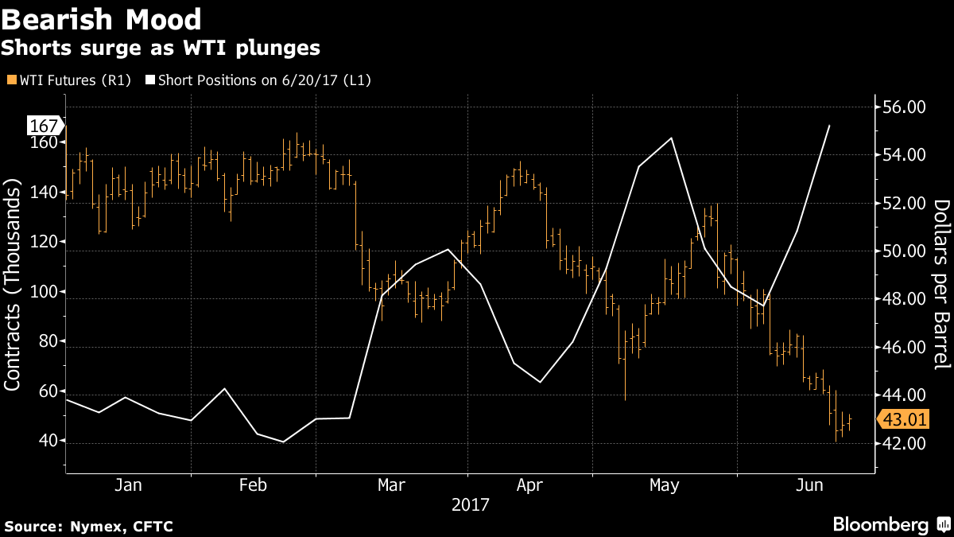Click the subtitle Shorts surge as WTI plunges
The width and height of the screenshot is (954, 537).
pyautogui.click(x=161, y=48)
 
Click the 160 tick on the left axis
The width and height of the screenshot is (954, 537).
pyautogui.click(x=47, y=142)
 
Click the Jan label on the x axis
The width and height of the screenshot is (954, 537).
pyautogui.click(x=128, y=485)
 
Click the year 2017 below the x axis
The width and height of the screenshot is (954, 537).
pyautogui.click(x=470, y=504)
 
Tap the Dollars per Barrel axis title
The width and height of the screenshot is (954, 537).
pyautogui.click(x=940, y=284)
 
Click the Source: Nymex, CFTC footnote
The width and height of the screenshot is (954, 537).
pyautogui.click(x=88, y=526)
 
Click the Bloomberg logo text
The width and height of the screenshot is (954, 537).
pyautogui.click(x=880, y=525)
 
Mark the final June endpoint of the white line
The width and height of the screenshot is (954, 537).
pyautogui.click(x=830, y=126)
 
